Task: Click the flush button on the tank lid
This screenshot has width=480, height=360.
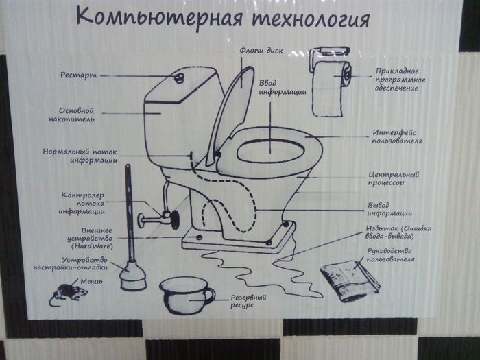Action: pos(180,75)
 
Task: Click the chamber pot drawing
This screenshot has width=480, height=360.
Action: pos(185,296)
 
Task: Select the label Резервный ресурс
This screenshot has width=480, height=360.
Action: pos(248,302)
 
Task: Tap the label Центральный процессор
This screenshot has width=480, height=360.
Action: pos(394,179)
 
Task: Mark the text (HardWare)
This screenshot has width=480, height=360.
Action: pos(91,245)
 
